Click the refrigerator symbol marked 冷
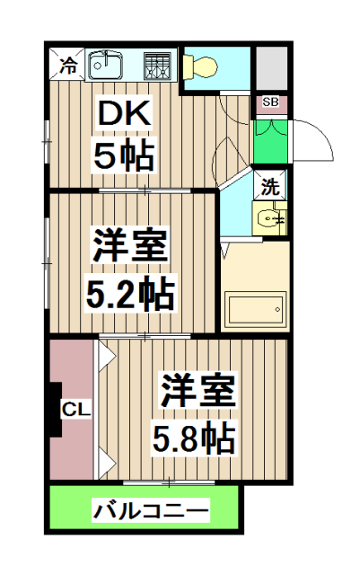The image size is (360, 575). pyautogui.click(x=67, y=65)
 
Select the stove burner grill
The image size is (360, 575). pyautogui.click(x=157, y=67)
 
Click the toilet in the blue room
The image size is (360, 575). pyautogui.click(x=202, y=66)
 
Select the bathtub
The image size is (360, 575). pyautogui.click(x=256, y=312)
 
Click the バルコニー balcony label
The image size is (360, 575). pyautogui.click(x=151, y=513)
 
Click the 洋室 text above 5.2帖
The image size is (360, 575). pyautogui.click(x=129, y=244)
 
